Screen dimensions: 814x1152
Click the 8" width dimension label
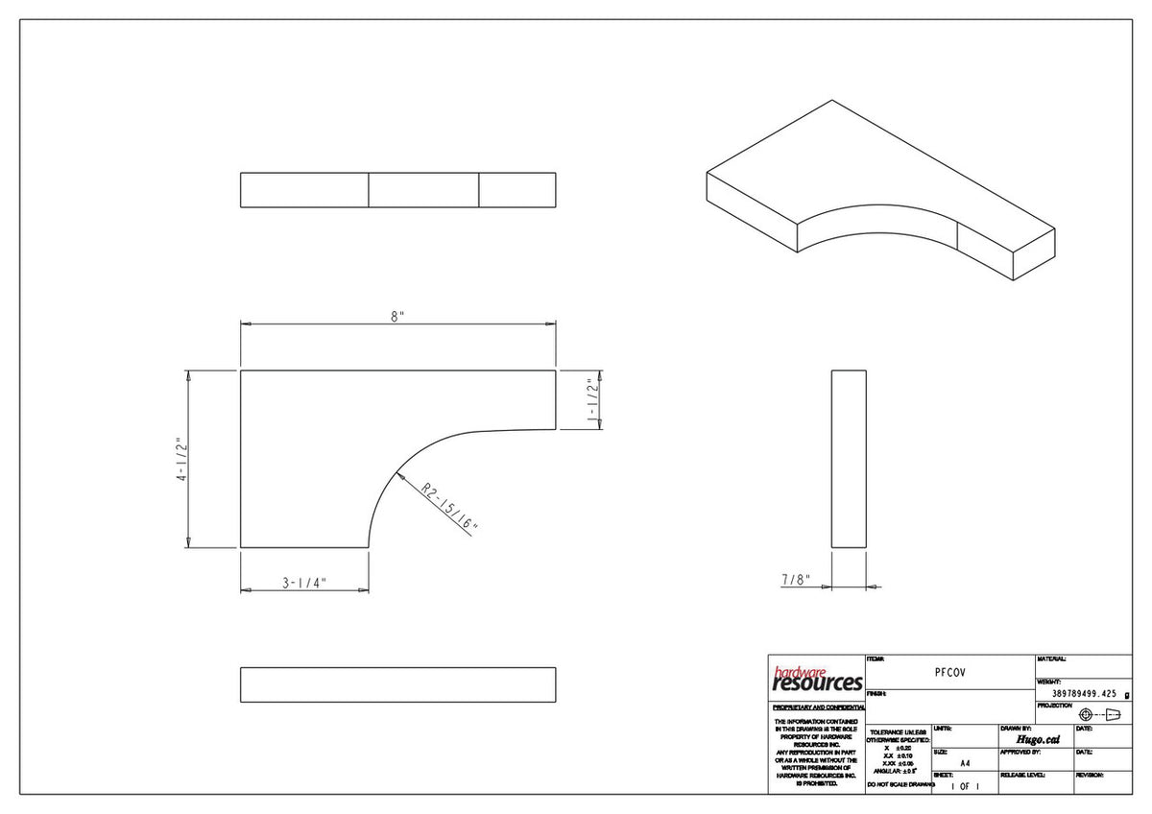pos(397,318)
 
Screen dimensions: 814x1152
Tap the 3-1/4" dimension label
pos(304,582)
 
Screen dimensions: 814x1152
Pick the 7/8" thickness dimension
pos(795,580)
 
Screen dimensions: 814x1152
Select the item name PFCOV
pos(950,673)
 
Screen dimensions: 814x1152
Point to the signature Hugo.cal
pos(1037,739)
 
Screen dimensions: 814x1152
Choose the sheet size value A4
pos(965,764)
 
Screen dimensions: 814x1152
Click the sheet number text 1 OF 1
pos(965,786)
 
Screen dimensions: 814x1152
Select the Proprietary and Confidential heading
pos(817,706)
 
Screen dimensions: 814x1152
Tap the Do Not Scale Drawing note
pos(900,785)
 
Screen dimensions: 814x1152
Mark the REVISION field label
pos(1090,774)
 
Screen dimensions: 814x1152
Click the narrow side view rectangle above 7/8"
pos(849,459)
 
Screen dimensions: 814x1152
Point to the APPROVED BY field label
pos(1020,752)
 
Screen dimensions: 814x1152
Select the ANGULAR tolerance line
pos(896,771)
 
